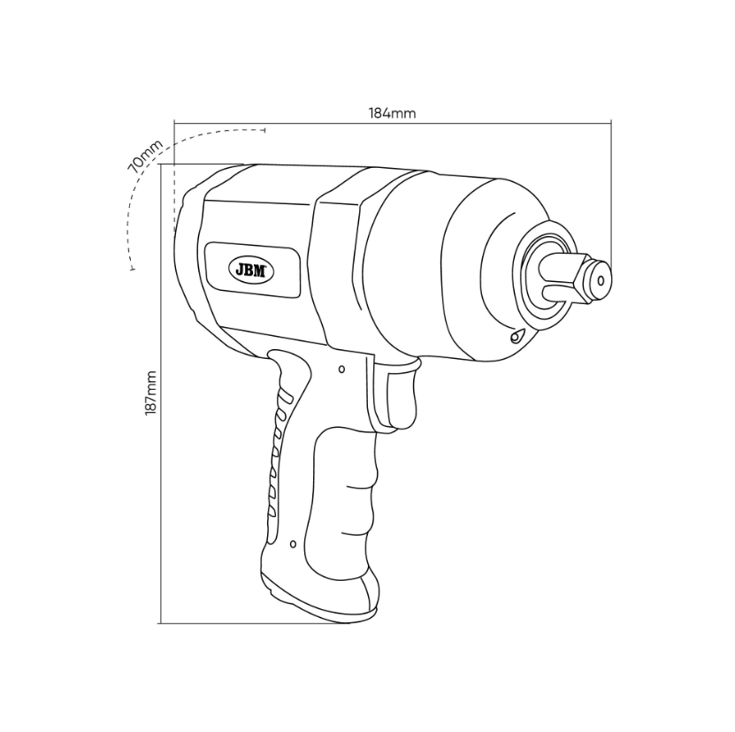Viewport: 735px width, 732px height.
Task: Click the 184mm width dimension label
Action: pos(392,113)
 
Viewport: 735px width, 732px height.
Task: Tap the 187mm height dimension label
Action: pos(150,393)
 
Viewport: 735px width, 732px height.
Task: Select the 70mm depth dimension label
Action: pos(146,156)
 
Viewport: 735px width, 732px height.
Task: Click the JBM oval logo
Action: pos(251,271)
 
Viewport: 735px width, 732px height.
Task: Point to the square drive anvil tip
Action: pos(600,280)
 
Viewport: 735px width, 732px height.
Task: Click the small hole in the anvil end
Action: pos(601,280)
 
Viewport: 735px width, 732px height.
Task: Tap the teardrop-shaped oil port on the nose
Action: pos(517,336)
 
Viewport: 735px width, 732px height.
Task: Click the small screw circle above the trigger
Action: pos(341,370)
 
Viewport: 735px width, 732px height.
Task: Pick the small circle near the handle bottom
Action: pos(293,544)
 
